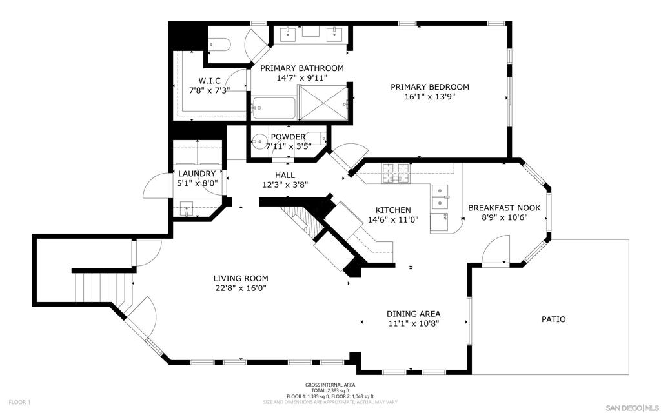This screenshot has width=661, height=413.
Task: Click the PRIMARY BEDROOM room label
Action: [429, 87]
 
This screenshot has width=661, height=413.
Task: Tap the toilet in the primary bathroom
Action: [219, 45]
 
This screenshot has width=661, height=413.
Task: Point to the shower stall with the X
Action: [322, 103]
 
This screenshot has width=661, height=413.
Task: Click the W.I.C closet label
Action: [210, 81]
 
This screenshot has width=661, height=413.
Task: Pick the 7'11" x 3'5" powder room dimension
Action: [289, 146]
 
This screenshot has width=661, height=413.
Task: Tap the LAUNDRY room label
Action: [197, 174]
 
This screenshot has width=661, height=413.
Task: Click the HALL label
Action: [285, 175]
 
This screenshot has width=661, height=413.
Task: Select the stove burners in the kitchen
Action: [396, 173]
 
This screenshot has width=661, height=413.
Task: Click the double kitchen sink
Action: [440, 197]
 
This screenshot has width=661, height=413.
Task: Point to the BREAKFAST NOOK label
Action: [504, 208]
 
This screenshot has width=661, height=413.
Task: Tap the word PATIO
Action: [553, 319]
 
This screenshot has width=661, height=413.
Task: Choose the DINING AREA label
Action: [414, 314]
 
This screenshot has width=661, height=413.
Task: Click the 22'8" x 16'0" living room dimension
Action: [241, 288]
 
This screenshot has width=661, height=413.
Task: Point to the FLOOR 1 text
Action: [19, 403]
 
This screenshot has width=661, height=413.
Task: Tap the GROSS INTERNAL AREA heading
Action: [330, 385]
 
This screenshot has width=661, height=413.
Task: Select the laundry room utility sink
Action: [187, 208]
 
